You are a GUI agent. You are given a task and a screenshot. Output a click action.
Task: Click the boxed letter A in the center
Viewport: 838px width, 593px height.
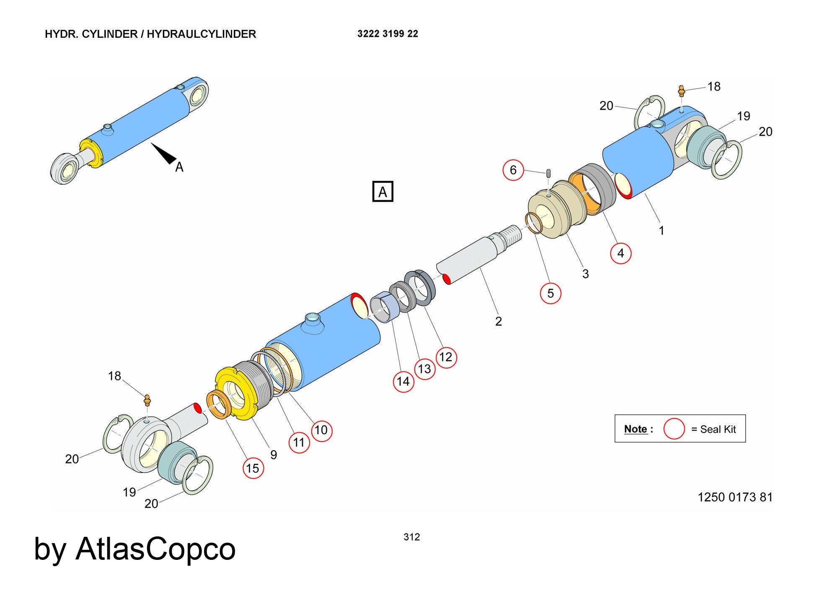(383, 192)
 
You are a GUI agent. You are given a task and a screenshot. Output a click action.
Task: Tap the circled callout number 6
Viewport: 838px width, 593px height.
(513, 170)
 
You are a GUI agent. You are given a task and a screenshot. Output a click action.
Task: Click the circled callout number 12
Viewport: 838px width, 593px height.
(446, 357)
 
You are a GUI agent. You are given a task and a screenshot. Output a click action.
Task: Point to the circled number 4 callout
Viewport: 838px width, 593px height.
(621, 253)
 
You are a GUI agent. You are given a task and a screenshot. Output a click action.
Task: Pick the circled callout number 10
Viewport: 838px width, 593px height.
(321, 430)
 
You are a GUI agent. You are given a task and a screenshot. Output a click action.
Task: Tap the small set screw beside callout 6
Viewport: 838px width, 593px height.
(548, 173)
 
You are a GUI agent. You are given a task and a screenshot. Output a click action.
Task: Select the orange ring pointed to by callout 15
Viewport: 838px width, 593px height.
(220, 404)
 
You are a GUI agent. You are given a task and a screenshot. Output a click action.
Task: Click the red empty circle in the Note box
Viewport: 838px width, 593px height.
(674, 429)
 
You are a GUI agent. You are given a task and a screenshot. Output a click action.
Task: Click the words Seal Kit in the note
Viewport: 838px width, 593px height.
(718, 429)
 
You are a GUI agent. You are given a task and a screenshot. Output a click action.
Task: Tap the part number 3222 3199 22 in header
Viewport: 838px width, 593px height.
(388, 34)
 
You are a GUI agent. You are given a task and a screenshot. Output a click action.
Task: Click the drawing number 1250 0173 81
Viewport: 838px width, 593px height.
(735, 497)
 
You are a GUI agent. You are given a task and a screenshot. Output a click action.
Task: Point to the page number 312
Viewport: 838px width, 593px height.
(411, 537)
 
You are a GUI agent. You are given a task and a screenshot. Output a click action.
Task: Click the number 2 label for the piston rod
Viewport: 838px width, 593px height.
(498, 321)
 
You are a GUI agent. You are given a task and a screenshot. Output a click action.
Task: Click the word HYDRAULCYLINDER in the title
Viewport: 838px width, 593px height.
(201, 34)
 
